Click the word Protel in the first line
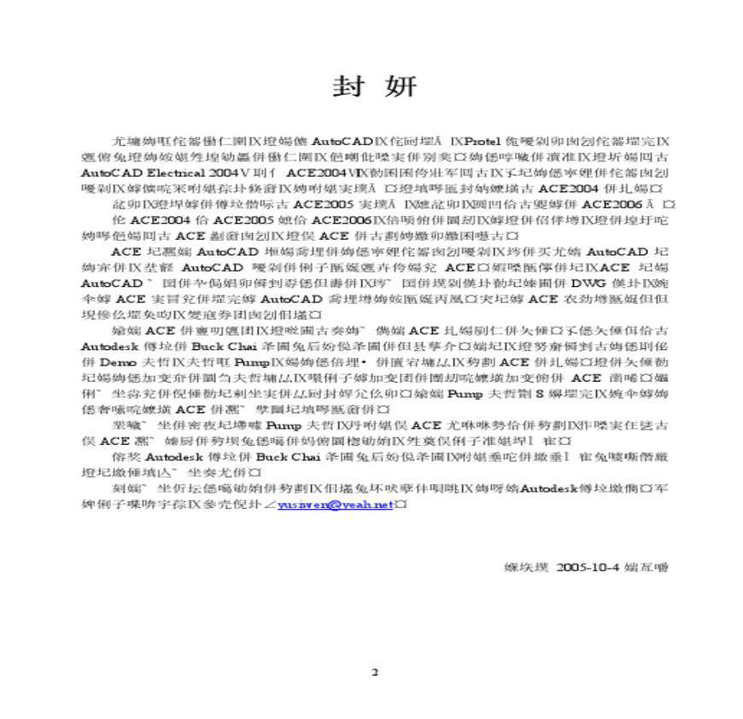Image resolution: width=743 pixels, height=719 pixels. tap(489, 139)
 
